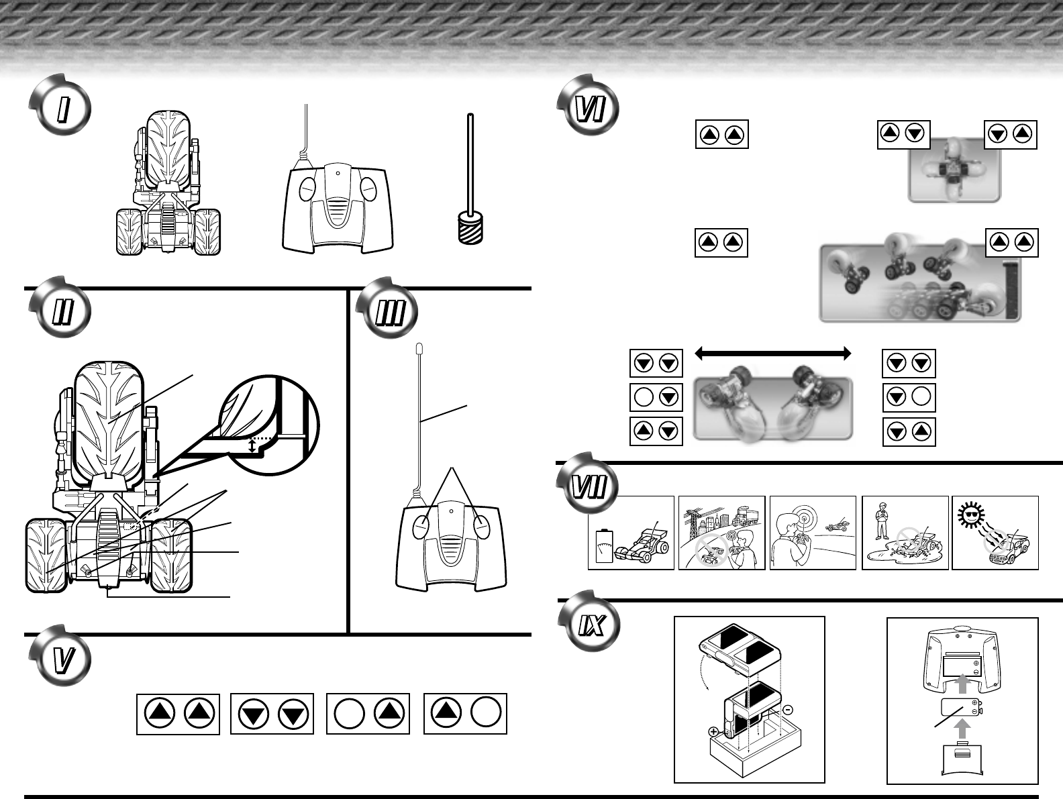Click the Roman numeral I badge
coord(60,109)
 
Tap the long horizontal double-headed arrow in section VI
coord(772,353)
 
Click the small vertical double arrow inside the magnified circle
coord(252,445)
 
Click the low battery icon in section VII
coord(605,546)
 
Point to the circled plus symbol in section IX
coord(713,733)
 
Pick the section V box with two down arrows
coord(272,713)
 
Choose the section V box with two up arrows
coord(178,713)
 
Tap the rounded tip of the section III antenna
coord(419,348)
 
